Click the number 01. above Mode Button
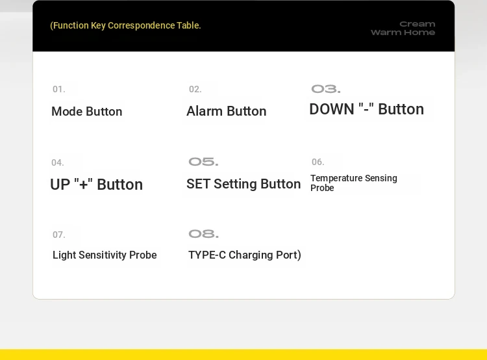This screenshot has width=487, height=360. pyautogui.click(x=59, y=89)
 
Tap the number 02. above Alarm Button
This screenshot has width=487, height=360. pyautogui.click(x=195, y=89)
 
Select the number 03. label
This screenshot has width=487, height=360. pyautogui.click(x=326, y=89)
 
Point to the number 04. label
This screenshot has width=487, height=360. pyautogui.click(x=58, y=162)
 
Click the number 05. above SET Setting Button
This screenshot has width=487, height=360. pyautogui.click(x=203, y=162)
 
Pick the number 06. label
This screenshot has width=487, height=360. pyautogui.click(x=318, y=162)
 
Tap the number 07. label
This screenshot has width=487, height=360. pyautogui.click(x=59, y=235)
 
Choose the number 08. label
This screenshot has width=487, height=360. pyautogui.click(x=203, y=234)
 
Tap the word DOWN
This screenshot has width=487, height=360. pyautogui.click(x=332, y=109)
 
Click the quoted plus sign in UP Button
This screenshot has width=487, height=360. pyautogui.click(x=83, y=185)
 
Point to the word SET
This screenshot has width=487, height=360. pyautogui.click(x=198, y=184)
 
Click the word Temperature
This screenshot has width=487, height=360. pyautogui.click(x=336, y=178)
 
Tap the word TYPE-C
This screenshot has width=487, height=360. pyautogui.click(x=207, y=255)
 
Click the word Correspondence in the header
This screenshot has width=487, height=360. pyautogui.click(x=142, y=25)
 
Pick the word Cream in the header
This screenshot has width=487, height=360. pyautogui.click(x=417, y=24)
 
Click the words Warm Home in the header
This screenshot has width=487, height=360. pyautogui.click(x=403, y=32)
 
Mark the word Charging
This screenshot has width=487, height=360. pyautogui.click(x=251, y=255)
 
